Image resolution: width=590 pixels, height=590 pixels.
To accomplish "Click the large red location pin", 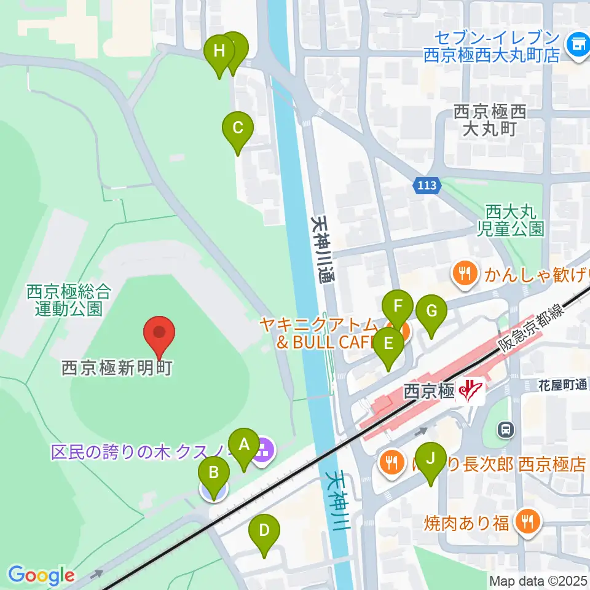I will (160, 336).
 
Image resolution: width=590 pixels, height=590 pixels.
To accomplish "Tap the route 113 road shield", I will (427, 185).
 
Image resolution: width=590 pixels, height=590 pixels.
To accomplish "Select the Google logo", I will (41, 575).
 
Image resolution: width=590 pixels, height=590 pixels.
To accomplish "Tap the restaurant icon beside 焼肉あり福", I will (527, 522).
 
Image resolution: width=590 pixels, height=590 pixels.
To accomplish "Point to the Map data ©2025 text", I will (538, 580).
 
